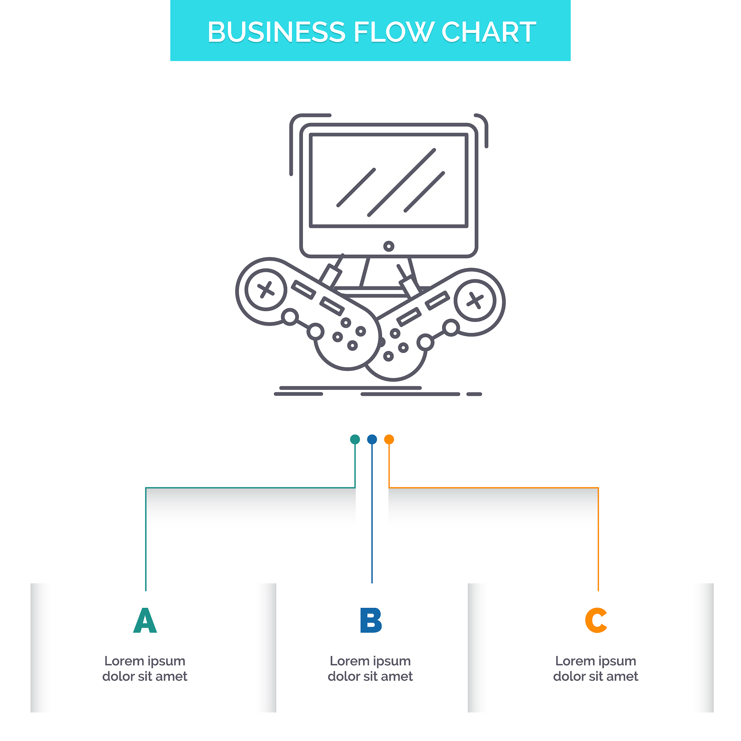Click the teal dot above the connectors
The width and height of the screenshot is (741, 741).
click(355, 439)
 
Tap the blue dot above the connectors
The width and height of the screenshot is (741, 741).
click(372, 439)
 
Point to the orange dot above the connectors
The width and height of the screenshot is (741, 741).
click(389, 439)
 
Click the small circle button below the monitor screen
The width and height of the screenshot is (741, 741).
click(389, 246)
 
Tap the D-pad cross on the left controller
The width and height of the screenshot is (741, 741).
click(266, 289)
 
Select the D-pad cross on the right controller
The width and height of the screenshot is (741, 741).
click(475, 300)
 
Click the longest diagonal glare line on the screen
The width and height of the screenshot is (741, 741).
click(402, 183)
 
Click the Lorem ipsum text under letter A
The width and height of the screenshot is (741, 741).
click(145, 669)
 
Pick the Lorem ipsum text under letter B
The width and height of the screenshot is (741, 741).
click(370, 669)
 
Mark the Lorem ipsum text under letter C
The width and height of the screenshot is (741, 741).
click(596, 669)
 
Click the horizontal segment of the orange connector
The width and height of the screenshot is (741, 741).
click(495, 488)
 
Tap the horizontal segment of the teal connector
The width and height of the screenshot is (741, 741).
click(249, 488)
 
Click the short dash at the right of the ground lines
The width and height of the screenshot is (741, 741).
click(474, 394)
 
